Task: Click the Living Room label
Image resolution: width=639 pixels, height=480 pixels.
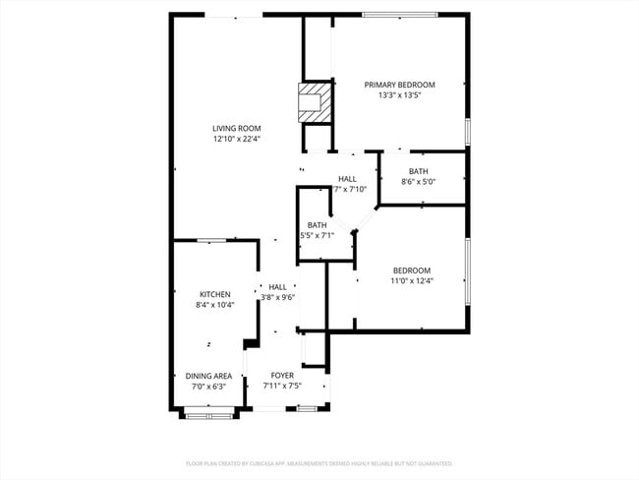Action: (236, 128)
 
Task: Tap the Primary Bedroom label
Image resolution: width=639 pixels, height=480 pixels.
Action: (399, 85)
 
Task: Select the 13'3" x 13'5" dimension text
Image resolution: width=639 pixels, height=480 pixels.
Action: (399, 96)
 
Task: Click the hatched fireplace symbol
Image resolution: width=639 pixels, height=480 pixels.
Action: (314, 102)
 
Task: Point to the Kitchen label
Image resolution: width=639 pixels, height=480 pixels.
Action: (215, 294)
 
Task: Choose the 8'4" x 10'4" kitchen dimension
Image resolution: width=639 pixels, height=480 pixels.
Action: (215, 306)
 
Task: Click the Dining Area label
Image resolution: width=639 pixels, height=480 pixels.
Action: (208, 376)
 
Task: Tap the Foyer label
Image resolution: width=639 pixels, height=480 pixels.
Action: (283, 376)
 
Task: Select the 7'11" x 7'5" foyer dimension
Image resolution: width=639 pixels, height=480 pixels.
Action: (283, 387)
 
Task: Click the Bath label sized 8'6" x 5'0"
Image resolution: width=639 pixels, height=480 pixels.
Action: (418, 171)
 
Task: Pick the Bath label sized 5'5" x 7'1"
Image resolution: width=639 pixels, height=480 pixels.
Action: (317, 225)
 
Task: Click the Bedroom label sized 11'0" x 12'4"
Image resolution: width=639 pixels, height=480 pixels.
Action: (413, 270)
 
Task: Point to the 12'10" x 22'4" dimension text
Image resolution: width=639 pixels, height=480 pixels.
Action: (236, 140)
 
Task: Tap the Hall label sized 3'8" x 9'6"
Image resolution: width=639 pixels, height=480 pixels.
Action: (278, 286)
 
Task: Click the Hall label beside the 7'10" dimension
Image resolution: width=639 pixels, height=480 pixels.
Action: (348, 178)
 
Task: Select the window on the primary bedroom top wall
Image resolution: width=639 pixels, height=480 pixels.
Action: (399, 14)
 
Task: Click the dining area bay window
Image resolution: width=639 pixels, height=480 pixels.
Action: (208, 416)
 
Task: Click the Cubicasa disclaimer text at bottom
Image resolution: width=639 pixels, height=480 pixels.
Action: (319, 462)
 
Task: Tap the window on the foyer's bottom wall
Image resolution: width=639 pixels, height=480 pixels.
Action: (307, 408)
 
